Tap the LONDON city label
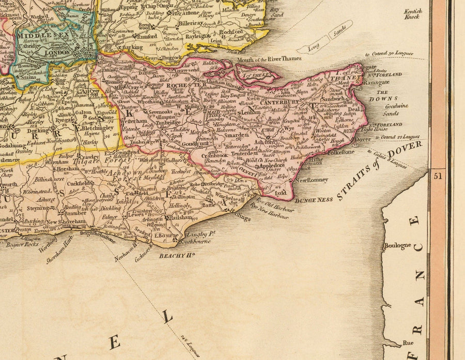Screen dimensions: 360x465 pyautogui.click(x=57, y=53)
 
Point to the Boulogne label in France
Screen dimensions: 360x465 pyautogui.click(x=397, y=246)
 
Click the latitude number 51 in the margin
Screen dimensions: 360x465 pyautogui.click(x=439, y=175)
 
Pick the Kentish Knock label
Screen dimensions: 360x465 pyautogui.click(x=412, y=14)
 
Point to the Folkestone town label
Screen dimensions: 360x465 pyautogui.click(x=339, y=152)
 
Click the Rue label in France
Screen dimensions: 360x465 pyautogui.click(x=408, y=342)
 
